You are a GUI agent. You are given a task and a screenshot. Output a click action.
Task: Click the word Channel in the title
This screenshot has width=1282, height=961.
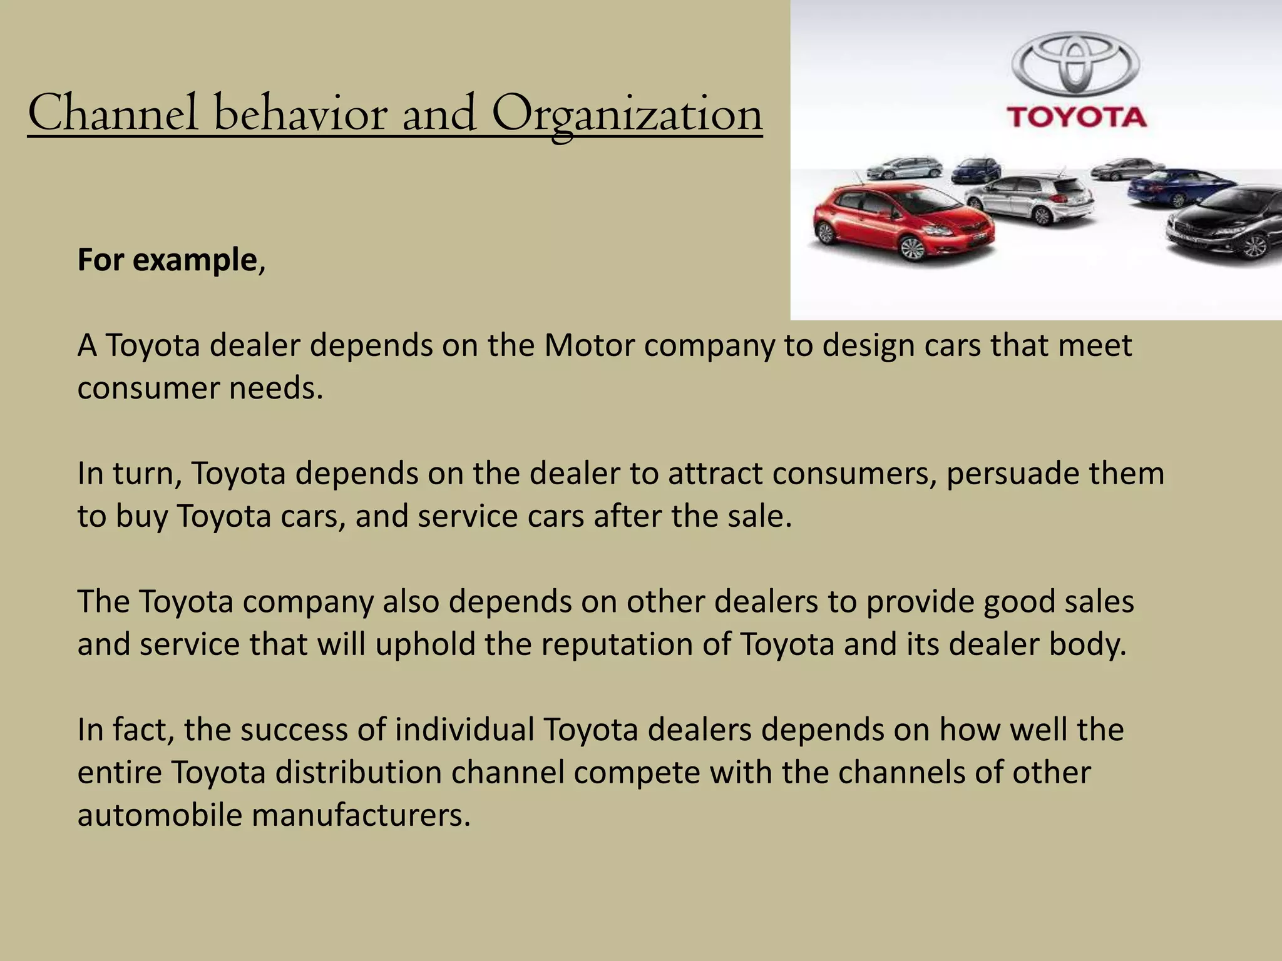(113, 114)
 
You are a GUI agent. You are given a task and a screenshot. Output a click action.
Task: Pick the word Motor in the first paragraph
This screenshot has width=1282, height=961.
(589, 345)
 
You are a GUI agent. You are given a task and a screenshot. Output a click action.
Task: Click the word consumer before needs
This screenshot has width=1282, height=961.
(148, 389)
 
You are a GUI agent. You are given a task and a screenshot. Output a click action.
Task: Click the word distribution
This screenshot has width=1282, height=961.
(359, 773)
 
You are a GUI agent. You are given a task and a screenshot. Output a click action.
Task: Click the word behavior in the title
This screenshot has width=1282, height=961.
(300, 114)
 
